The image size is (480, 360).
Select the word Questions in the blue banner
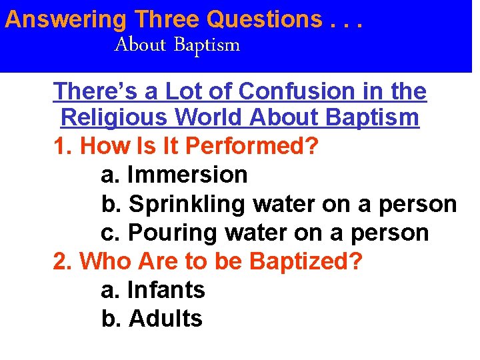click(265, 19)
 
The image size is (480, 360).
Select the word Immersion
click(187, 175)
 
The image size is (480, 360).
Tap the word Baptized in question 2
click(305, 261)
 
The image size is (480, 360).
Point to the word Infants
click(166, 290)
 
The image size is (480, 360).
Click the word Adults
click(165, 319)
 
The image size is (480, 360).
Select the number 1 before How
click(59, 147)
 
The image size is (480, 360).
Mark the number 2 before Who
click(59, 261)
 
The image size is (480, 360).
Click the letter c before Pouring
click(108, 233)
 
